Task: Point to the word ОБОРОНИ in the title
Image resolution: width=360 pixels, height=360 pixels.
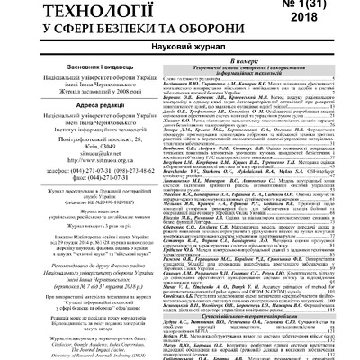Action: (x=216, y=32)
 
